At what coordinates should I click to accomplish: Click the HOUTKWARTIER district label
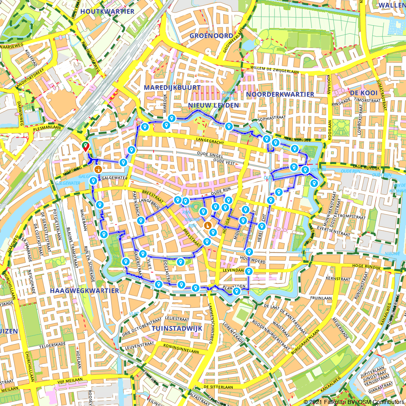click(107, 11)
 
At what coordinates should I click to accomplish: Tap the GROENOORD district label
click(212, 36)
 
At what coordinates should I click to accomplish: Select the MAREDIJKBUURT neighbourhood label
click(172, 87)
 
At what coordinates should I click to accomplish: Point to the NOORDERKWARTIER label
click(280, 94)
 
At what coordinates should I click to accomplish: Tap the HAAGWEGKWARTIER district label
click(84, 291)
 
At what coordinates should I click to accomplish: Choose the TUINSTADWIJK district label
click(177, 328)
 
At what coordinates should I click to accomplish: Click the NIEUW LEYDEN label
click(213, 106)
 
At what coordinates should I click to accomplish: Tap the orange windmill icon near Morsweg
click(98, 169)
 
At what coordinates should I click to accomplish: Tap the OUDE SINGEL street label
click(210, 154)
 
